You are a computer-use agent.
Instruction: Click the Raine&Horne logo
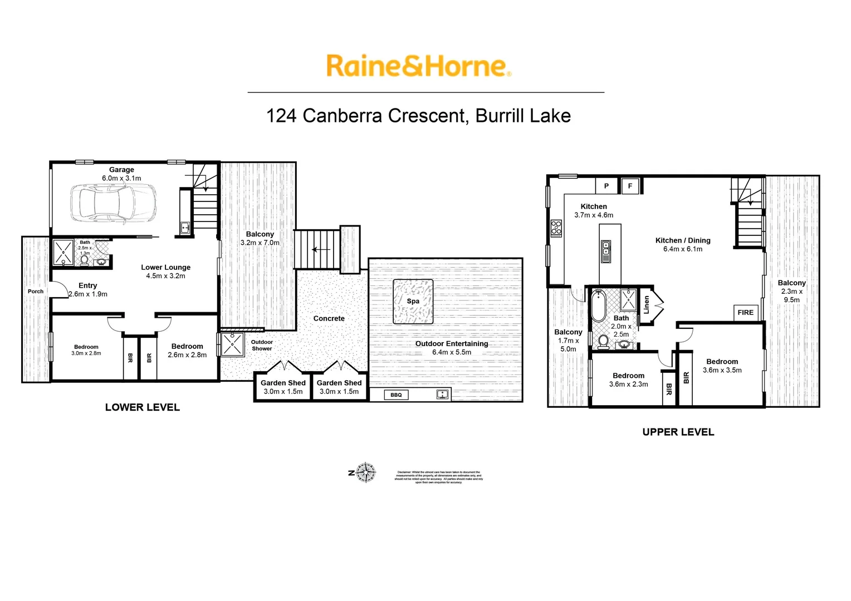[x=418, y=66]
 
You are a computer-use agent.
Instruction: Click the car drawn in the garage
[x=114, y=204]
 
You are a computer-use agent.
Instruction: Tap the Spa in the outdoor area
[x=413, y=302]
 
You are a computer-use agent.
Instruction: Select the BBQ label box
[x=396, y=395]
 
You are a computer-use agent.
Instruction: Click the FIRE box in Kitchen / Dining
[x=745, y=313]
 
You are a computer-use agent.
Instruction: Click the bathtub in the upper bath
[x=599, y=306]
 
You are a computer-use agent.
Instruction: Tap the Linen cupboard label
[x=647, y=304]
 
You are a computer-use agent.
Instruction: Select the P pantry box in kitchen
[x=607, y=186]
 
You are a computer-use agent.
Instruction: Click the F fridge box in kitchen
[x=630, y=186]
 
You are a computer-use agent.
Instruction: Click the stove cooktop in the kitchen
[x=556, y=228]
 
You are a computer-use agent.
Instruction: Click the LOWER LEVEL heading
[x=143, y=407]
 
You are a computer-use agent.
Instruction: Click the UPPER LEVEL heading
[x=678, y=432]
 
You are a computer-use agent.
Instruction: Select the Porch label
[x=36, y=292]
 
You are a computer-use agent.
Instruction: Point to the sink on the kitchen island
[x=606, y=251]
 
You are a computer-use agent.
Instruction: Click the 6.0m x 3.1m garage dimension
[x=121, y=179]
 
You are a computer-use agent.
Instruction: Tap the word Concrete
[x=329, y=318]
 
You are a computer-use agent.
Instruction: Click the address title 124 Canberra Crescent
[x=418, y=116]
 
